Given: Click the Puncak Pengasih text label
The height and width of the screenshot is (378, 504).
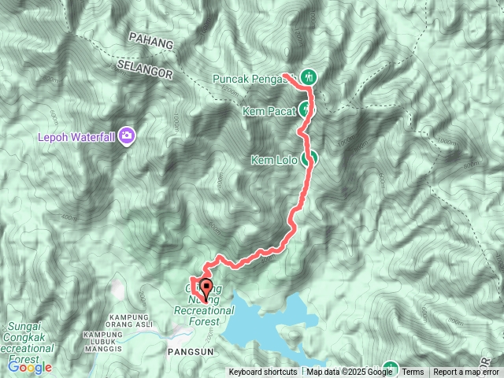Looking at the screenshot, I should point(253,79).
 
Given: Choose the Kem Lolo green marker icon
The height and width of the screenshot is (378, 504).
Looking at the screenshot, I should point(312,157).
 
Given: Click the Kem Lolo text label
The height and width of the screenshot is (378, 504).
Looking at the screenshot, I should point(272,161).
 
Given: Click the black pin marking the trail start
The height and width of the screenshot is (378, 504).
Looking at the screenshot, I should point(207,288).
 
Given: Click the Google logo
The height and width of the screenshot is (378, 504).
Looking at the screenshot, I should point(30,367).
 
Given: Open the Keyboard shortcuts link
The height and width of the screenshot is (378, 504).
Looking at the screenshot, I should point(263,372).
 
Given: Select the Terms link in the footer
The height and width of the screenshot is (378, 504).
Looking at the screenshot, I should point(413,372).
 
